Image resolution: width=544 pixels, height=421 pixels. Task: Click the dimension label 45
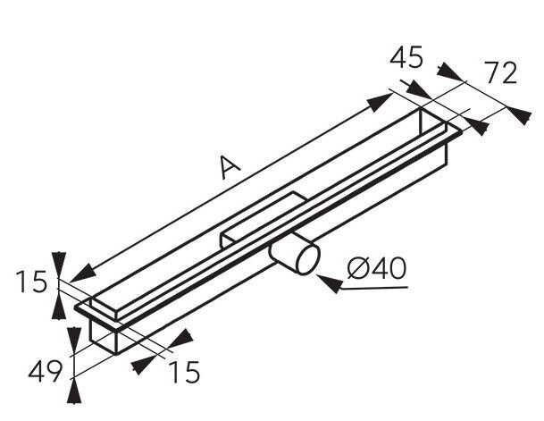click(406, 57)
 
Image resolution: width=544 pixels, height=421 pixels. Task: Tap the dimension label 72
click(500, 73)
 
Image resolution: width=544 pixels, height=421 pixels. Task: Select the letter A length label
click(230, 167)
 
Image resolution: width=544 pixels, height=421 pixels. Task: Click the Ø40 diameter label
click(376, 268)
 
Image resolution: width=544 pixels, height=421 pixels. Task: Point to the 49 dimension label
click(45, 371)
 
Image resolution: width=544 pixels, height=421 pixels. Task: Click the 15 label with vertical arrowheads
click(31, 282)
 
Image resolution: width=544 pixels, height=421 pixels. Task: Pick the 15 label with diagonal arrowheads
click(184, 372)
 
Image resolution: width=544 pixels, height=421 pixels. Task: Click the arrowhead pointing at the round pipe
click(330, 282)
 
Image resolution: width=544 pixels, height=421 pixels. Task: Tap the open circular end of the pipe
click(308, 259)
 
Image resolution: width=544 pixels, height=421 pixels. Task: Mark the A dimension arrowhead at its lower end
click(82, 274)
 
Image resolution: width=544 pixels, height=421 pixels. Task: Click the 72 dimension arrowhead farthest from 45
click(518, 114)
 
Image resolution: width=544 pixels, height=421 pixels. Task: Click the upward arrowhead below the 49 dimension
click(74, 391)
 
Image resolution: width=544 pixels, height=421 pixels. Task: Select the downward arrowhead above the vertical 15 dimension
click(59, 265)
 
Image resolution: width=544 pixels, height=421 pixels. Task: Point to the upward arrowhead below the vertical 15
click(59, 306)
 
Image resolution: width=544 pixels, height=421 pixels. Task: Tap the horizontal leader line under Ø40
click(374, 288)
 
